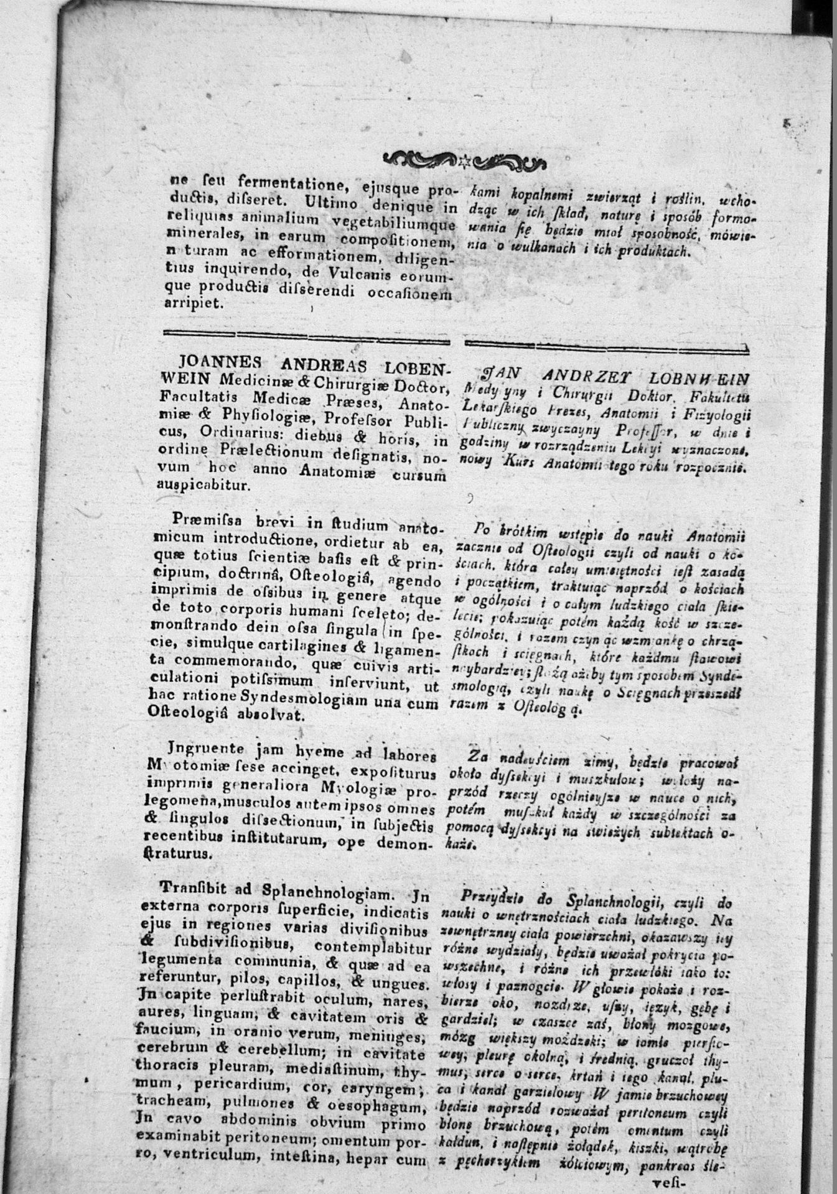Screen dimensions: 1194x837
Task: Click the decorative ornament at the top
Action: (464, 160)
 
